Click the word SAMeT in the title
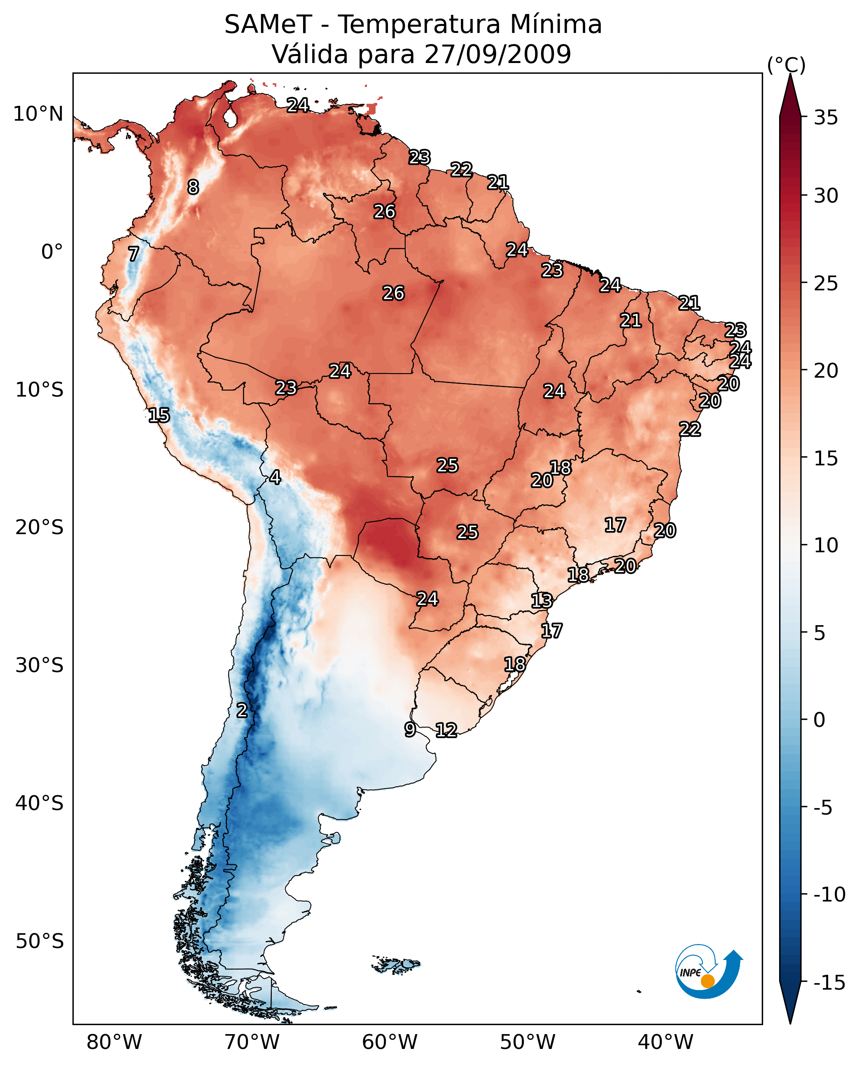[x=268, y=25]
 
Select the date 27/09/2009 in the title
[x=497, y=54]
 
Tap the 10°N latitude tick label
[x=38, y=114]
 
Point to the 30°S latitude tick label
[x=39, y=666]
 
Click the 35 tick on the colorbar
[x=826, y=118]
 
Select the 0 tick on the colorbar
[x=819, y=720]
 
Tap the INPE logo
[x=708, y=972]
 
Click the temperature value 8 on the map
[x=193, y=187]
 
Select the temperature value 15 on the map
[x=159, y=415]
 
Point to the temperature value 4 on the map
[x=275, y=477]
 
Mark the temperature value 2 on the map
[x=241, y=710]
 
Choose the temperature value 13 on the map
[x=542, y=601]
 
